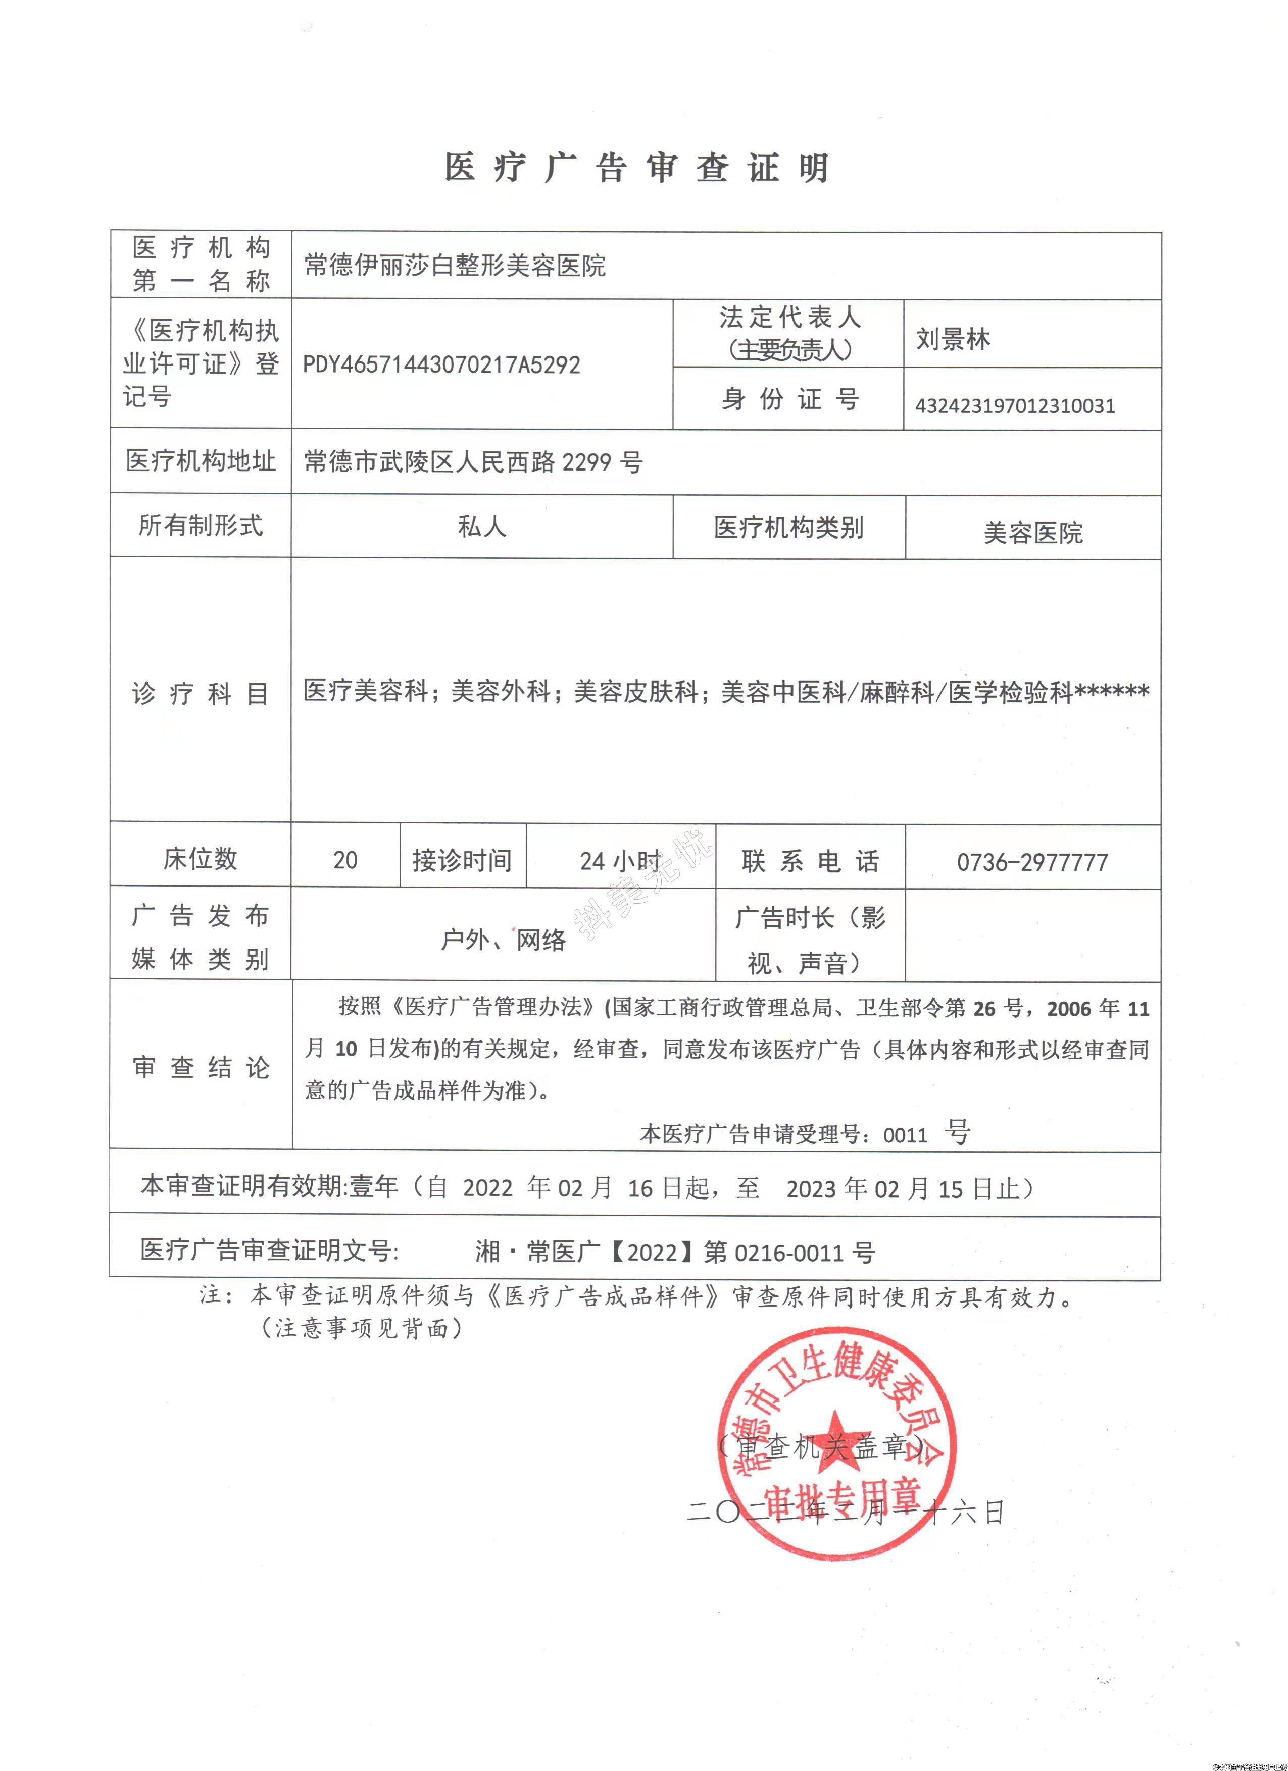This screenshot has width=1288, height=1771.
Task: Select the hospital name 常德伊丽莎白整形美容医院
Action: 455,266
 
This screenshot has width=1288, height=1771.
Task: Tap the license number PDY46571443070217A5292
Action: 441,364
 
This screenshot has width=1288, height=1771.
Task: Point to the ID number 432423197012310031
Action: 1015,405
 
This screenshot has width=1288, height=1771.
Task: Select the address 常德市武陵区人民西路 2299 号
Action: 473,462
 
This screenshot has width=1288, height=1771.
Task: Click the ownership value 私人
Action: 481,527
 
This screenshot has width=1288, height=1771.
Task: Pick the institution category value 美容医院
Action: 1032,533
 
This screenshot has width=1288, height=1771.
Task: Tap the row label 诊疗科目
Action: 200,693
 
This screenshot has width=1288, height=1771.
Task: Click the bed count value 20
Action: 345,860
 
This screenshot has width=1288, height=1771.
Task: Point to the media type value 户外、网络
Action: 503,940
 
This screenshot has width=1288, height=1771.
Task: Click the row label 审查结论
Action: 200,1067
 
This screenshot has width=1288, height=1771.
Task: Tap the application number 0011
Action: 905,1134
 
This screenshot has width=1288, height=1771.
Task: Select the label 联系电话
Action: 810,861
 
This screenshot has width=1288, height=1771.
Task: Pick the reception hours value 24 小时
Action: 620,861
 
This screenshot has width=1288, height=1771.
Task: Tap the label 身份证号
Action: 789,399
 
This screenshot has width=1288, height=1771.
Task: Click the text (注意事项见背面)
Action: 361,1327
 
